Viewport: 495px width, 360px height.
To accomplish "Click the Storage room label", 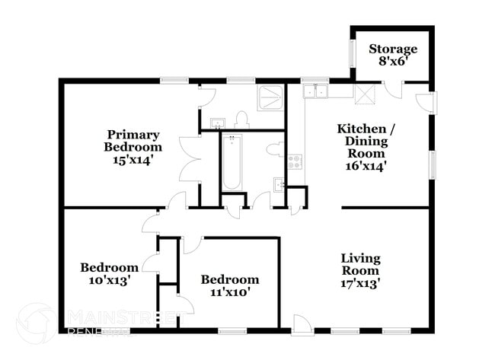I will click(x=393, y=49).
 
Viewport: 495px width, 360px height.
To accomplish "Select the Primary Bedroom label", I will click(x=134, y=141).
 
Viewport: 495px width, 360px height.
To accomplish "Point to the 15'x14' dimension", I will click(x=134, y=160).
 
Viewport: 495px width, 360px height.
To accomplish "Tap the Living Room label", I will click(x=360, y=264).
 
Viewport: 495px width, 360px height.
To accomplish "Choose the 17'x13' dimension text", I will click(x=360, y=283).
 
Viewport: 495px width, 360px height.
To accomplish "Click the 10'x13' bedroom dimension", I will click(x=110, y=280).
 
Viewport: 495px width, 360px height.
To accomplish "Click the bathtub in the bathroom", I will click(x=232, y=162).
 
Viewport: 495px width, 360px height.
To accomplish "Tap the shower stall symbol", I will click(x=271, y=98).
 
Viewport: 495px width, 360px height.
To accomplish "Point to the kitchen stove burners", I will click(x=295, y=162).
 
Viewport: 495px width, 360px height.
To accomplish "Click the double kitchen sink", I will click(x=315, y=92).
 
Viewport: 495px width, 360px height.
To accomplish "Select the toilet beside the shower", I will click(x=241, y=119).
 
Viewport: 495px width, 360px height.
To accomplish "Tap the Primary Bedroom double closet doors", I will click(x=189, y=159).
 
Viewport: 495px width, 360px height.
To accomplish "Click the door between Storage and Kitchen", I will click(x=396, y=91).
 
